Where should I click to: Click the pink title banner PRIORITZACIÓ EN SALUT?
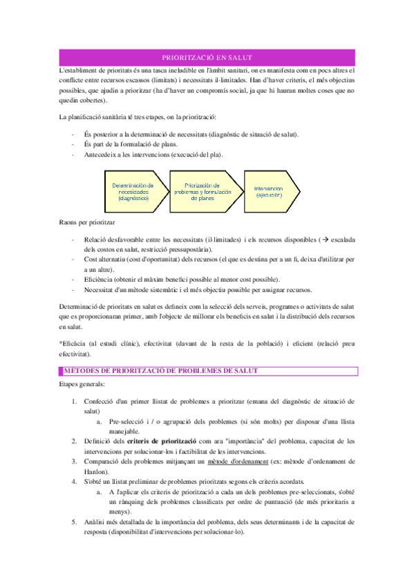207,57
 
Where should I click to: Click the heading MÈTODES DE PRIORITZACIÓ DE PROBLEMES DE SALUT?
161,371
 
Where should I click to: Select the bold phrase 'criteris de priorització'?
157,440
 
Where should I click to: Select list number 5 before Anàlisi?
74,522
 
